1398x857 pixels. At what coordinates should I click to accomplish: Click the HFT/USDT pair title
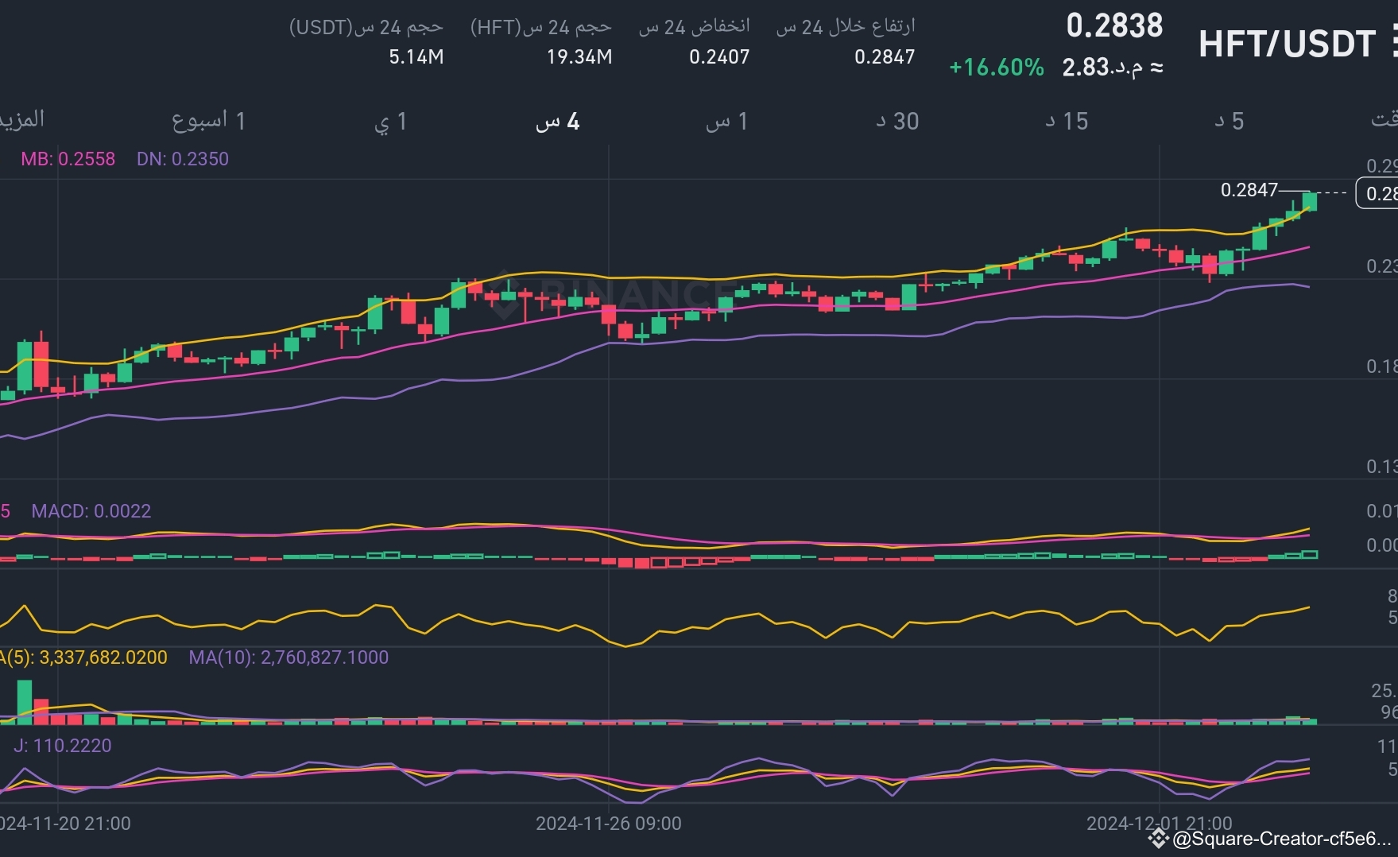pyautogui.click(x=1286, y=44)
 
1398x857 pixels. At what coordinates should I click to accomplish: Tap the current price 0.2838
pyautogui.click(x=1114, y=26)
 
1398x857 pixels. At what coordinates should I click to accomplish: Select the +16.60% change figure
pyautogui.click(x=997, y=68)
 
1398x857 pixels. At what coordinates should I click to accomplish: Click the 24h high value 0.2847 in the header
pyautogui.click(x=885, y=57)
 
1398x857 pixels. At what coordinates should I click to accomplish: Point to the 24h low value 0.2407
pyautogui.click(x=719, y=57)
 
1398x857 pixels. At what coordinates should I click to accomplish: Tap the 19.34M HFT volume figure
pyautogui.click(x=579, y=57)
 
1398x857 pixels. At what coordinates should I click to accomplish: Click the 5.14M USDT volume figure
pyautogui.click(x=416, y=57)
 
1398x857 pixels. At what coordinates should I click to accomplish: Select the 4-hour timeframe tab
pyautogui.click(x=558, y=122)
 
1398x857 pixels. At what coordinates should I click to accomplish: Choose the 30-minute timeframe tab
pyautogui.click(x=897, y=122)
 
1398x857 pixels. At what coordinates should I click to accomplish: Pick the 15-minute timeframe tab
pyautogui.click(x=1067, y=122)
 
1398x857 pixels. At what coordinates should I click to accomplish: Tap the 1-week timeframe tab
pyautogui.click(x=209, y=122)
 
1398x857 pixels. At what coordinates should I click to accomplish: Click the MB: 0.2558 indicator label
pyautogui.click(x=68, y=159)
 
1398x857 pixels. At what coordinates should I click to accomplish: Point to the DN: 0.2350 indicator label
pyautogui.click(x=183, y=159)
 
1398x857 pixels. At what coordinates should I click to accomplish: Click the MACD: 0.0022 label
pyautogui.click(x=91, y=511)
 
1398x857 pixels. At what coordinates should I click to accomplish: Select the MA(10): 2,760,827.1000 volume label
pyautogui.click(x=289, y=657)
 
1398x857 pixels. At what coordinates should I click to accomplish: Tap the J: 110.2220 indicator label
pyautogui.click(x=63, y=746)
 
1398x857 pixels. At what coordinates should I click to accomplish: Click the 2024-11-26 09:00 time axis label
pyautogui.click(x=609, y=824)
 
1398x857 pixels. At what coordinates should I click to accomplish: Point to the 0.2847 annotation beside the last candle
pyautogui.click(x=1249, y=190)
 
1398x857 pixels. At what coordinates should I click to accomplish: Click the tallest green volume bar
pyautogui.click(x=25, y=702)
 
